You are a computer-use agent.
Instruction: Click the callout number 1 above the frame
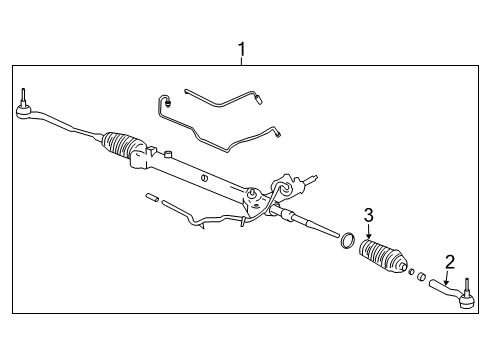click(241, 48)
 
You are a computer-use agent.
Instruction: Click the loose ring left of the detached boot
click(346, 240)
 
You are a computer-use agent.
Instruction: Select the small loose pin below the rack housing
click(151, 197)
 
